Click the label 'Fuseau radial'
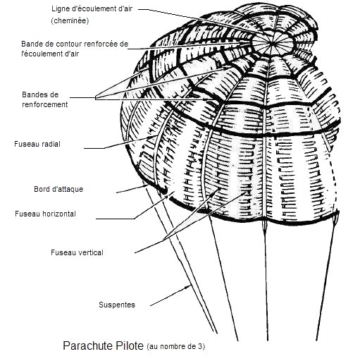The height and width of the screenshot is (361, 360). pyautogui.click(x=37, y=144)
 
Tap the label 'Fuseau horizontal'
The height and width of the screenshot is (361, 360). pyautogui.click(x=45, y=214)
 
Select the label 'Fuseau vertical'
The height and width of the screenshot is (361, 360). pyautogui.click(x=77, y=252)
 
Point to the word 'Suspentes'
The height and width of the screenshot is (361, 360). pyautogui.click(x=117, y=305)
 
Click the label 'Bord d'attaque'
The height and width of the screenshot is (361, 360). pyautogui.click(x=58, y=189)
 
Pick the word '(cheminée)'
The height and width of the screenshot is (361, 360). pyautogui.click(x=70, y=20)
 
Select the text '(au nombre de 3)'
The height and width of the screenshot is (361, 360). pyautogui.click(x=176, y=346)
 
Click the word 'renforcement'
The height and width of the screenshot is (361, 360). pyautogui.click(x=45, y=104)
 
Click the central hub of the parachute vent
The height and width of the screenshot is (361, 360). pyautogui.click(x=272, y=43)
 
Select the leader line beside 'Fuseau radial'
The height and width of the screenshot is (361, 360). pyautogui.click(x=121, y=142)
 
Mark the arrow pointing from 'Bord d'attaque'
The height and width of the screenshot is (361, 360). pyautogui.click(x=132, y=189)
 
